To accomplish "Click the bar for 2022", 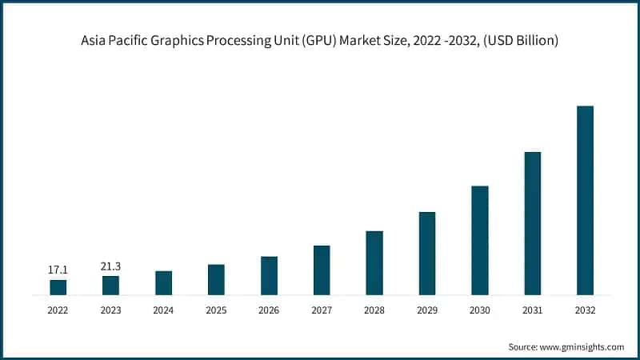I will coord(58,287).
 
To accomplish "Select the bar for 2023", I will coord(110,286).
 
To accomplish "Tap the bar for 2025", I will coord(216,279).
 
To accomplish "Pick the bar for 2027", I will coord(322,270).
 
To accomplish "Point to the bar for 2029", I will coord(427,253).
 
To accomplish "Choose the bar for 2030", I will coord(480,240).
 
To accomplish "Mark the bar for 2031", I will coord(533,223).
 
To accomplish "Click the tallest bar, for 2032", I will coord(586,200).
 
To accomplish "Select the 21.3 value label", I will coord(110,266).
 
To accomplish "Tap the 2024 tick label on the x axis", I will coord(163,310).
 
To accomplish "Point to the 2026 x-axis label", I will coord(269,310).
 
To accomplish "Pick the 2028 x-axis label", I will coord(374,310).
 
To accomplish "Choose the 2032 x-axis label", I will coord(586,310).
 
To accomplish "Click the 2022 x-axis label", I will coord(58,310).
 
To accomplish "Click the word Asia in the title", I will coord(95,41).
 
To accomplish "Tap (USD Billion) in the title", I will coord(520,41).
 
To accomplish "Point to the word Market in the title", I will coord(357,41).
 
